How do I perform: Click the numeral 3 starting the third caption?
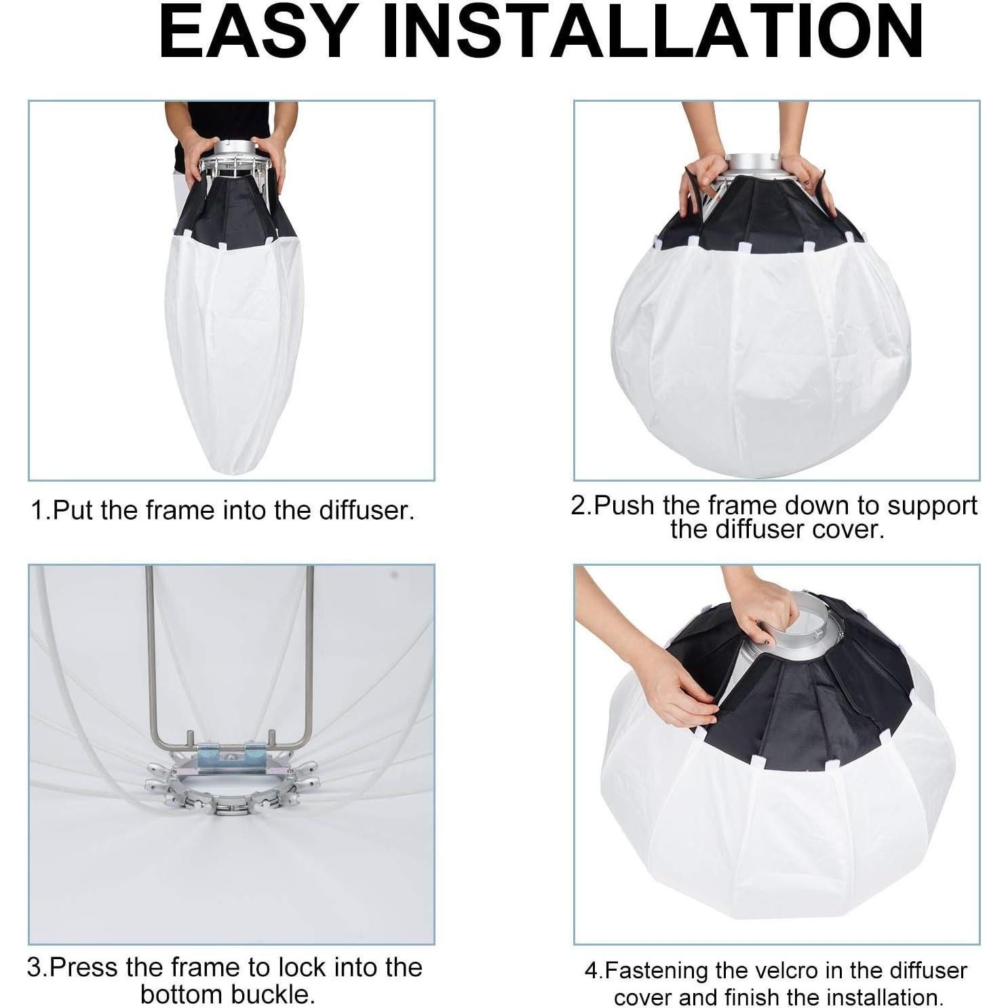[35, 967]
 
